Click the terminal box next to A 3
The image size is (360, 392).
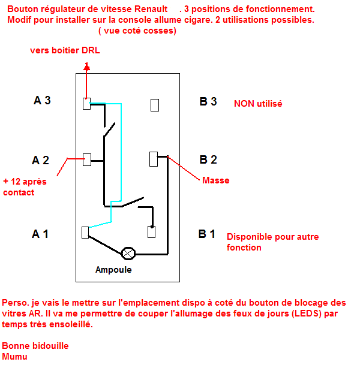86,104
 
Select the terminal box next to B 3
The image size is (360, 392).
155,105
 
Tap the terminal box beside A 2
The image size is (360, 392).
87,159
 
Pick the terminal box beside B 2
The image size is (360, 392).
154,159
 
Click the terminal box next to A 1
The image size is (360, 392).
85,233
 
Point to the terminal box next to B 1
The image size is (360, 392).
151,232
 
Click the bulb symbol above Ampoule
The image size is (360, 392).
128,254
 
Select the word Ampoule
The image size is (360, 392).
113,270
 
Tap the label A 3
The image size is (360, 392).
42,100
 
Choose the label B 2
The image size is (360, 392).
208,160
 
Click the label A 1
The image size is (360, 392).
40,234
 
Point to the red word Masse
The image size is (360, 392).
215,180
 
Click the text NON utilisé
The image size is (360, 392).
258,104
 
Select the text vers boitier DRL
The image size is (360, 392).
65,50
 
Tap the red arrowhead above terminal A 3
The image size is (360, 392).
86,67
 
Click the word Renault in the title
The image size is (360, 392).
151,9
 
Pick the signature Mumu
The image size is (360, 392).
14,357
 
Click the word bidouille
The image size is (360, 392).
50,346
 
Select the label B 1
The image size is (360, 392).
206,234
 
